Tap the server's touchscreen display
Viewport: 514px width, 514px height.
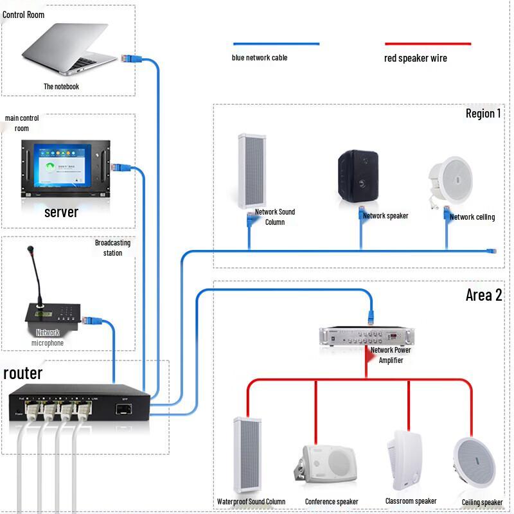(60, 166)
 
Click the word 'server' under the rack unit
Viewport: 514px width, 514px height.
(61, 212)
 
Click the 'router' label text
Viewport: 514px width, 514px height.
(23, 373)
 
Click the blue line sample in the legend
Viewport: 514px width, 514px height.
(276, 44)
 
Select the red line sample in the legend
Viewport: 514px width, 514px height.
(427, 44)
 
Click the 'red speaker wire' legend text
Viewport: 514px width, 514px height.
(415, 58)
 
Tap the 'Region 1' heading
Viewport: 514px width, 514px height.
(483, 114)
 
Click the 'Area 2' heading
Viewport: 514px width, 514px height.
(484, 296)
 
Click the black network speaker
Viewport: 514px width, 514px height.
(360, 174)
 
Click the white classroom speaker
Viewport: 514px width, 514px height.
(405, 459)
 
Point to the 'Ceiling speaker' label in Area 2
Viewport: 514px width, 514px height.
(482, 502)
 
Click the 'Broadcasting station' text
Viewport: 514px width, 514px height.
(112, 247)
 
